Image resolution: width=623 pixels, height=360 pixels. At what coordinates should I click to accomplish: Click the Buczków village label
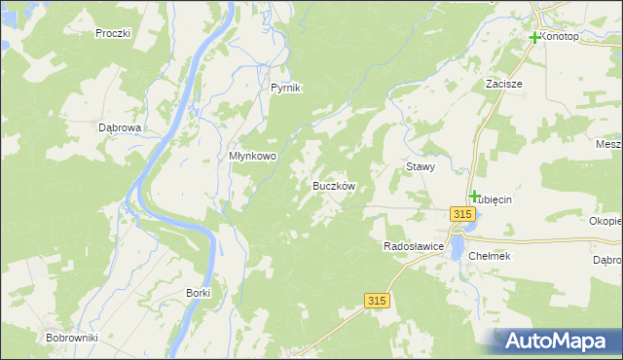point(333,185)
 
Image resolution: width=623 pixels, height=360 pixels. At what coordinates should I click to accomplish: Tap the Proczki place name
point(113,33)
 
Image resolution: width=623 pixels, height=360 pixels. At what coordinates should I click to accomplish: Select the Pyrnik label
point(286,88)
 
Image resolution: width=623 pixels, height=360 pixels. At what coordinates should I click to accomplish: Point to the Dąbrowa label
point(121,127)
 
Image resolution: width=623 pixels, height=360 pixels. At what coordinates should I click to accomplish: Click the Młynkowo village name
point(253,156)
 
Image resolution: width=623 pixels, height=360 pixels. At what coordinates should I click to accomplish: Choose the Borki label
point(198,292)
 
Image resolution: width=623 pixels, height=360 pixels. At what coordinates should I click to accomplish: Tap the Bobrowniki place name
point(68,338)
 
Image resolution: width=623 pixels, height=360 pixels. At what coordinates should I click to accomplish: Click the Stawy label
point(420,166)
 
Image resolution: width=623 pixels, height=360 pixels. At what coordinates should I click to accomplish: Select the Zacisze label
point(504,85)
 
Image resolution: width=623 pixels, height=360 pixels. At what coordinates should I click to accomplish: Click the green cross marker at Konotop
point(534,38)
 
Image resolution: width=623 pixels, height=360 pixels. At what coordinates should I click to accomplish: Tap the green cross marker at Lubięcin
point(474,197)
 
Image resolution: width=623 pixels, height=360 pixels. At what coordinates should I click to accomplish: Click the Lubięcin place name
point(494,199)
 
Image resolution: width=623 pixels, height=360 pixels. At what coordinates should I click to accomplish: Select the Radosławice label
point(415,247)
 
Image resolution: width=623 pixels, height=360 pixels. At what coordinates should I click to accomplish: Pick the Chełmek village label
point(490,256)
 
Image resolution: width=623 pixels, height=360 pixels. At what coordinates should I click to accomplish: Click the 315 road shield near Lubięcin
point(463,214)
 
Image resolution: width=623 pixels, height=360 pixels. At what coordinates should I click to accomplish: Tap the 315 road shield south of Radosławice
point(379,302)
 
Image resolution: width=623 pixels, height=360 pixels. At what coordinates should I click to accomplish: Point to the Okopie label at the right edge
point(605,221)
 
